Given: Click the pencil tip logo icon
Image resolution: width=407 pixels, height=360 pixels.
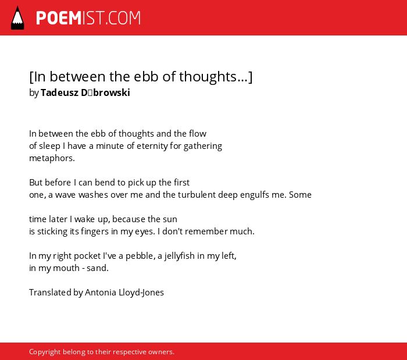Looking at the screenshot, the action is [17, 18].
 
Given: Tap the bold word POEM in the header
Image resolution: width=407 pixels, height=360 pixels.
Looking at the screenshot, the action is [59, 18].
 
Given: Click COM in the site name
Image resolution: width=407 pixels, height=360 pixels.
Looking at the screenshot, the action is [124, 18].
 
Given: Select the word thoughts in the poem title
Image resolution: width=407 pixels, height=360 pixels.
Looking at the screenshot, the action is [208, 77].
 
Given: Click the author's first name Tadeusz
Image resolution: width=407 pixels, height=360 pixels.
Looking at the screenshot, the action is [59, 92].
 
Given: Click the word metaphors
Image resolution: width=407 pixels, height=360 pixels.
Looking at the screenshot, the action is [52, 158].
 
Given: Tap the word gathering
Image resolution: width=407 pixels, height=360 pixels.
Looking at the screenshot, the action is [203, 146].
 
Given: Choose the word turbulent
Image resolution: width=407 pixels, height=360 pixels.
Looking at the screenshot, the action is [197, 195].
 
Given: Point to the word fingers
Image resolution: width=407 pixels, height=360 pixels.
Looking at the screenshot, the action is [94, 231].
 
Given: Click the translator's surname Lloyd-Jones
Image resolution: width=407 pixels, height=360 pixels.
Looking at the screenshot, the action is [141, 293].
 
